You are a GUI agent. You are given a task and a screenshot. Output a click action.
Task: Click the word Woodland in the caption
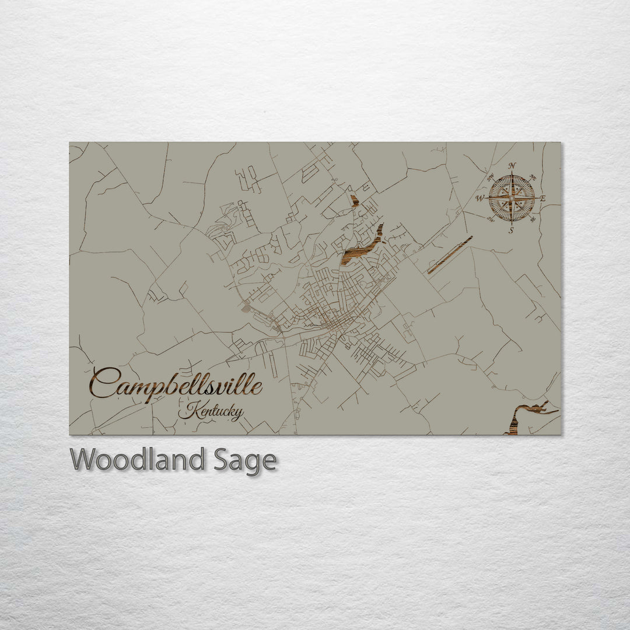[x=138, y=460]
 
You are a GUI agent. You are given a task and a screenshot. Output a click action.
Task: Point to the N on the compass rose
[x=512, y=166]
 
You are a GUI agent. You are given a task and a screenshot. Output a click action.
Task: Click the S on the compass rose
[x=512, y=230]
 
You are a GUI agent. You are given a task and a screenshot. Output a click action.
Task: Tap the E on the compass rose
[x=542, y=198]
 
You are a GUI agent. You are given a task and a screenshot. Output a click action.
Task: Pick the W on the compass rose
[x=480, y=198]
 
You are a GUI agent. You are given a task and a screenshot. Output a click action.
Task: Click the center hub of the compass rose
[x=512, y=198]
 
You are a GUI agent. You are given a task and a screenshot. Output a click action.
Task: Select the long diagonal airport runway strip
[x=450, y=255]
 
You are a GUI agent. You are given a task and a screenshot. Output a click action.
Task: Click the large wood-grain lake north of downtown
[x=363, y=245]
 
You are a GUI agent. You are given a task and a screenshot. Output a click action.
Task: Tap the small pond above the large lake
[x=353, y=201]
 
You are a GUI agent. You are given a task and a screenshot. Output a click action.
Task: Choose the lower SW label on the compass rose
[x=490, y=220]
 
